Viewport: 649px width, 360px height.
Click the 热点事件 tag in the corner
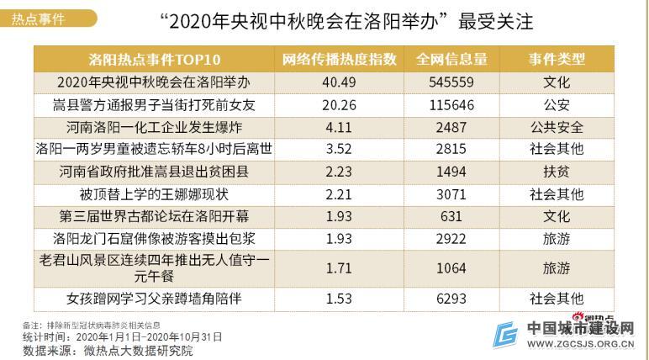click(x=38, y=19)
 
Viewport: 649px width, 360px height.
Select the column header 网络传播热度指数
click(x=339, y=59)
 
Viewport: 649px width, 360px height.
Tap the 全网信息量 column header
click(x=451, y=59)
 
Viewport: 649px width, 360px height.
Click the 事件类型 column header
click(x=557, y=59)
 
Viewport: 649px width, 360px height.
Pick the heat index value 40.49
click(x=339, y=82)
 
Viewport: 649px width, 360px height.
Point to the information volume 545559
click(x=451, y=82)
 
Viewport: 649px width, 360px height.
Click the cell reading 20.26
click(x=339, y=105)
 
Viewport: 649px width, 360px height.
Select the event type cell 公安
click(x=557, y=105)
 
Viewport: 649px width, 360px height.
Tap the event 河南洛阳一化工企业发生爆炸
click(x=154, y=127)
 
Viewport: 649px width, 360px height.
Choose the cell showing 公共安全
click(x=557, y=127)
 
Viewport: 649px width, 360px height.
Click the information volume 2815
click(x=451, y=149)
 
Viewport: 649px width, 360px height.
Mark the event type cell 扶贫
click(x=557, y=172)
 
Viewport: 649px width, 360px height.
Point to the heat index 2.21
click(x=339, y=194)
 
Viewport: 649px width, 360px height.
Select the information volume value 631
click(x=451, y=216)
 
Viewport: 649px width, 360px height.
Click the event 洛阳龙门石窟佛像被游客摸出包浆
click(x=154, y=239)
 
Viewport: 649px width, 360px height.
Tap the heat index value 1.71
click(x=339, y=268)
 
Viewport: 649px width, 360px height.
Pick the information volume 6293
click(x=451, y=299)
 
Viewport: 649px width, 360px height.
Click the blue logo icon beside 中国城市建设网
click(x=505, y=335)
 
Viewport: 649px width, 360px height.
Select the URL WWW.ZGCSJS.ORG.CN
click(x=580, y=344)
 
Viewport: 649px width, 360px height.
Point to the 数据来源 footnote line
click(x=108, y=351)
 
